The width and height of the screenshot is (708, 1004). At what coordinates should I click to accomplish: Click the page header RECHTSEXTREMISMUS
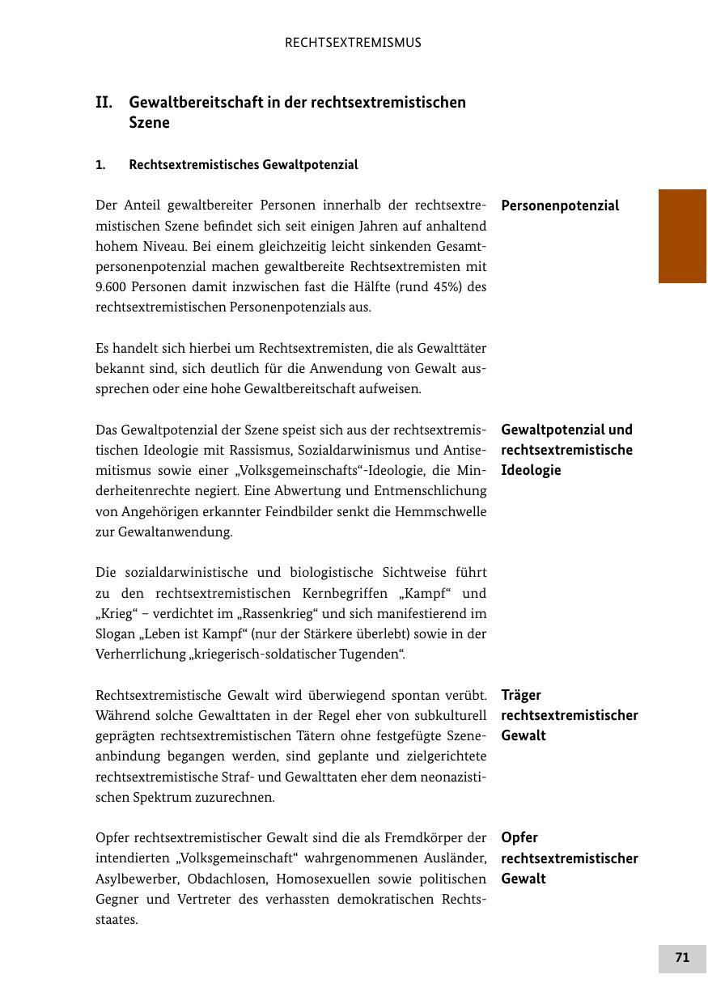353,43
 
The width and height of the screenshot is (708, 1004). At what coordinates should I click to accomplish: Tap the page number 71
682,958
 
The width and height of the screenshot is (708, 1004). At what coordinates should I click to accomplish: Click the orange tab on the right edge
682,235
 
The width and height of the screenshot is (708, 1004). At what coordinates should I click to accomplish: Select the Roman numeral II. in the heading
104,103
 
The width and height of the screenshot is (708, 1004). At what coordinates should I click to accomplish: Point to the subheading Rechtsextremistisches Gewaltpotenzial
243,165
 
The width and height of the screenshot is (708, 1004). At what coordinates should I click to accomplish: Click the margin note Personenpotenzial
560,205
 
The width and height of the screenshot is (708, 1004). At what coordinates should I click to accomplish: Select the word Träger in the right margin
521,695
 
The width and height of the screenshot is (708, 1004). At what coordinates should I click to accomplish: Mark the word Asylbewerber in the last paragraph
134,879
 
